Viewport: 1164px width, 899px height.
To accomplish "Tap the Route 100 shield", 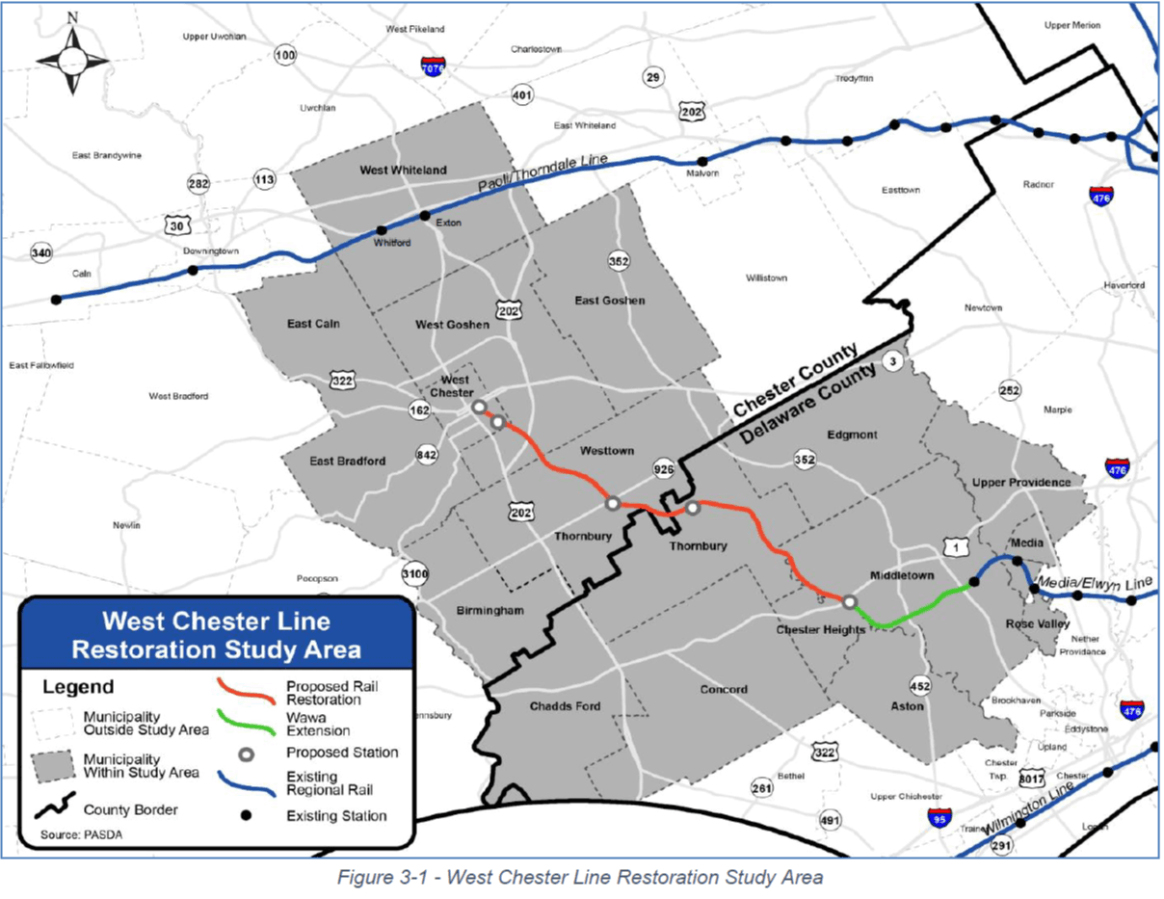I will [284, 56].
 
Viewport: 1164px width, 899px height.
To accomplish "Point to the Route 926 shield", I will [663, 469].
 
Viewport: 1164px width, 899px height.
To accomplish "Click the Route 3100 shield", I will [413, 575].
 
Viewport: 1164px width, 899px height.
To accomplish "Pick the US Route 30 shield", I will [176, 225].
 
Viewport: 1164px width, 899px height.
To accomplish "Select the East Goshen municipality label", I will [610, 301].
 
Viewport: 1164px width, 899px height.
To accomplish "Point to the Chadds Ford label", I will [565, 706].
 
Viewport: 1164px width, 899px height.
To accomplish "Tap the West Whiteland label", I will [403, 170].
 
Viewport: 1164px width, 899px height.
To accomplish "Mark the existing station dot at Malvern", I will [702, 161].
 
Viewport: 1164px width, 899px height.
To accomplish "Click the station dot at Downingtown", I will [193, 270].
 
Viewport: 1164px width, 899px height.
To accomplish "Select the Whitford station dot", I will [382, 230].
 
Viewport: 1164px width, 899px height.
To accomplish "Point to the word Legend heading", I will [78, 687].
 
